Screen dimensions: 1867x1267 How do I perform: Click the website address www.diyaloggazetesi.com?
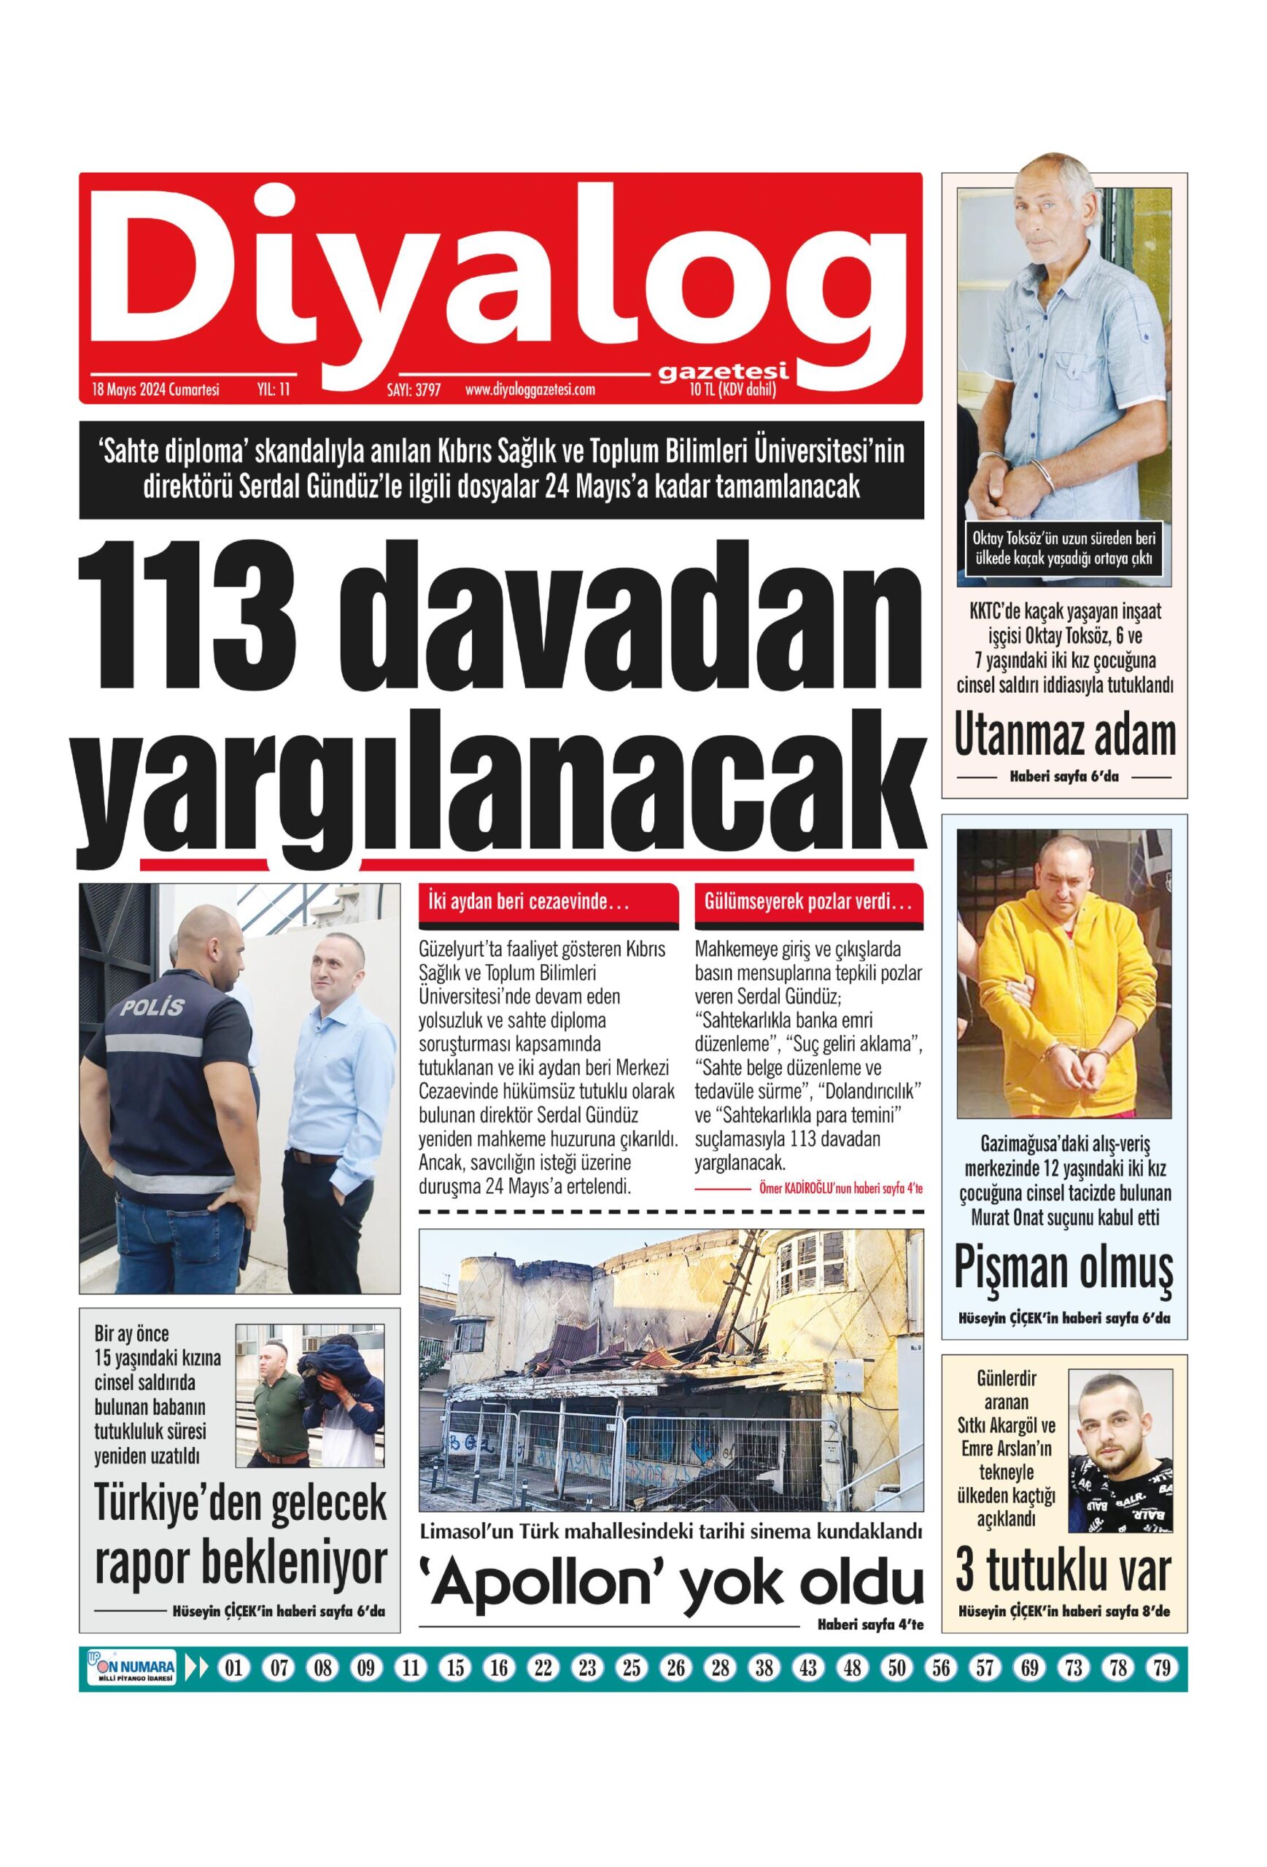click(x=530, y=389)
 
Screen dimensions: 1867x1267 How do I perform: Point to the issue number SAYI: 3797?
click(x=414, y=389)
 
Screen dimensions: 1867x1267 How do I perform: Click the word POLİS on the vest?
click(x=152, y=1006)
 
